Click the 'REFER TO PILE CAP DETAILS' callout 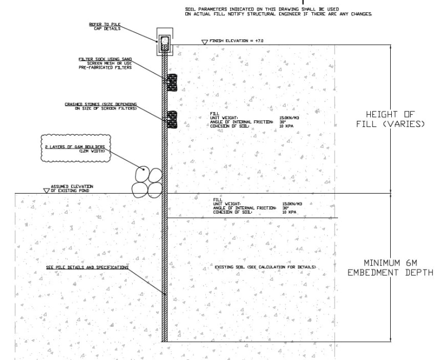click(x=104, y=26)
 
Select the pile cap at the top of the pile click(x=165, y=43)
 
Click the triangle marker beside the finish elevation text click(x=204, y=42)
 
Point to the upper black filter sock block click(x=172, y=83)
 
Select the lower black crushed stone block click(x=172, y=119)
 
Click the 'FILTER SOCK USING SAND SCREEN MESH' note click(x=105, y=63)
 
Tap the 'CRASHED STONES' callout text click(x=101, y=107)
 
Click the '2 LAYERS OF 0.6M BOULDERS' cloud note click(x=75, y=148)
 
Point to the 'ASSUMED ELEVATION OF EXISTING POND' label click(x=72, y=189)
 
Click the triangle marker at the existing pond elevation click(x=46, y=190)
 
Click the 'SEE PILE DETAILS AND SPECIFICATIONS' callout click(x=87, y=267)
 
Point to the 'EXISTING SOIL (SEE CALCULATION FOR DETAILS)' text click(x=265, y=267)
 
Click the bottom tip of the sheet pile click(x=165, y=340)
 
